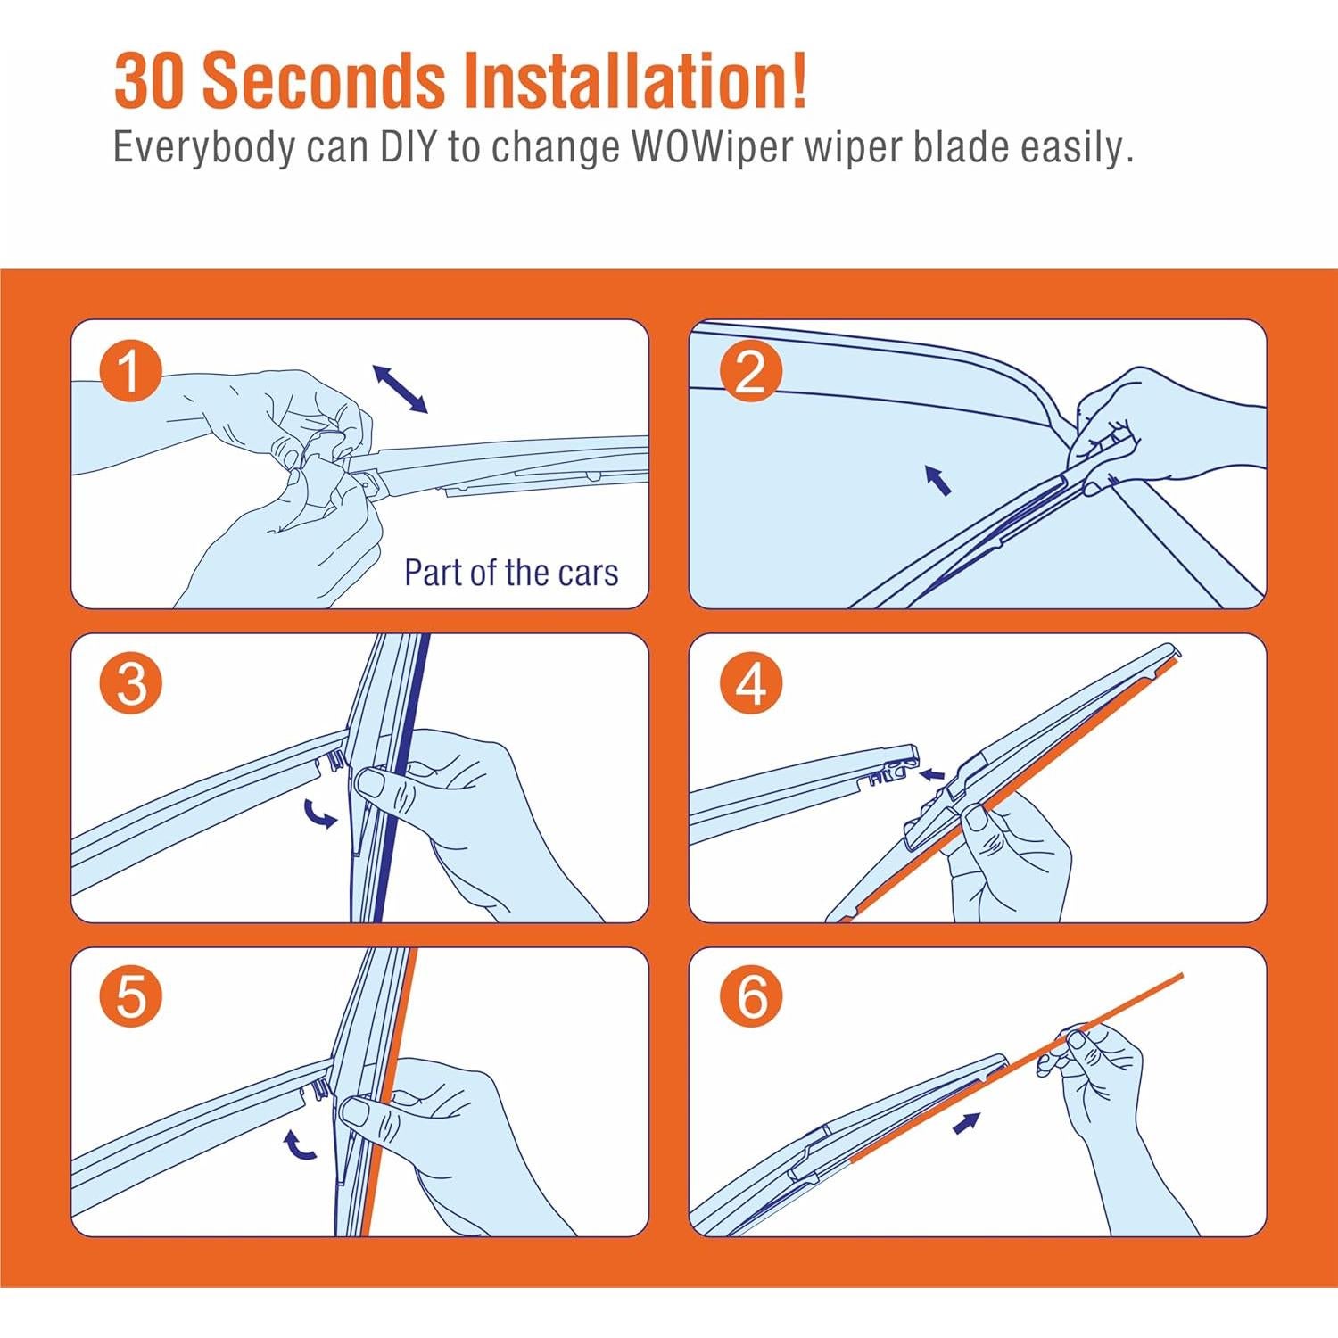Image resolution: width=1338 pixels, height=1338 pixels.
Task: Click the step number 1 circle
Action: pos(131,371)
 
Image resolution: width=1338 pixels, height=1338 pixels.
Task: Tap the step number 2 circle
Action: pos(751,371)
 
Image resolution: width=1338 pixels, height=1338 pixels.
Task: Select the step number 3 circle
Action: pos(131,684)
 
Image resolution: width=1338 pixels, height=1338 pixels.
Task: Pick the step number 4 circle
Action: pos(751,684)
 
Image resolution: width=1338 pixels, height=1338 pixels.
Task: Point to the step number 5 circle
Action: pos(131,995)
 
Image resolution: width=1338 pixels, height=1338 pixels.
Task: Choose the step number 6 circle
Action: pos(751,995)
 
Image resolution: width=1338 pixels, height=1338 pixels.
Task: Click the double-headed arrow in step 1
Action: pos(400,389)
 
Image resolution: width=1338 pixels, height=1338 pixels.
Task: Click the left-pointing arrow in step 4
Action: pos(932,773)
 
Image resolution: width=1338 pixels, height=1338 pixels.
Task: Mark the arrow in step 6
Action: pos(967,1123)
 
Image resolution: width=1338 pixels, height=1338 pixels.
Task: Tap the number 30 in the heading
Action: pos(150,82)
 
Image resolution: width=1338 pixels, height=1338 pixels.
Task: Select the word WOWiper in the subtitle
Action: pos(713,147)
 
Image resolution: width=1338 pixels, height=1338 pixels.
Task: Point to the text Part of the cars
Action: pos(511,573)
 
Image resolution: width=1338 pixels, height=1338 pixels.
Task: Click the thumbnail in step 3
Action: pos(371,783)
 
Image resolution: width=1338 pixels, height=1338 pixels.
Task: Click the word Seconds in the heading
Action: pos(324,82)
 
